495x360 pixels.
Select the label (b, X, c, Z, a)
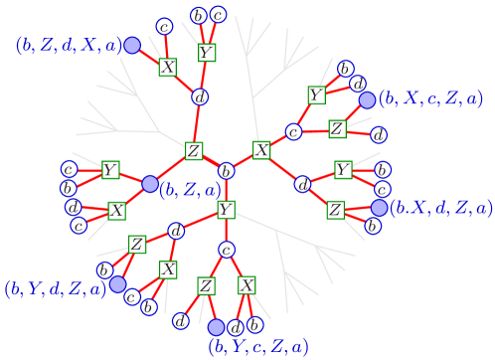coord(432,98)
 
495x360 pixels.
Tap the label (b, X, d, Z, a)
coord(440,208)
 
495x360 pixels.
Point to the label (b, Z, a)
coord(190,189)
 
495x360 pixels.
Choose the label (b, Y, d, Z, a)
coord(55,289)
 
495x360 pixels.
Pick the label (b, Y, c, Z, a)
coord(257,346)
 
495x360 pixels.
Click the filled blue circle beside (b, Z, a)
coord(150,184)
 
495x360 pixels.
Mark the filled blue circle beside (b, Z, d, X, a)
coord(131,46)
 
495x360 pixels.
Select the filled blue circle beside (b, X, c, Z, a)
coord(367,99)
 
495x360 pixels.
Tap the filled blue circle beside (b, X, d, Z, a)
coord(378,208)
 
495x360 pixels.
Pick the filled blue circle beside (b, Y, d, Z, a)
coord(118,284)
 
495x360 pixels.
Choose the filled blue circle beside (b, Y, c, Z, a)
coord(217,326)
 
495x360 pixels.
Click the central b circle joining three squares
coord(226,170)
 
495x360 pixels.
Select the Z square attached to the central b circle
coord(194,151)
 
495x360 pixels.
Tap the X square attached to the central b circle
coord(261,150)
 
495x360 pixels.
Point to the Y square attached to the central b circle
coord(226,210)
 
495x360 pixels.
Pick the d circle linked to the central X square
coord(302,184)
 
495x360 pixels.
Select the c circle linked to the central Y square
coord(226,250)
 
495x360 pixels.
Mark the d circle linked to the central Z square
coord(200,96)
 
